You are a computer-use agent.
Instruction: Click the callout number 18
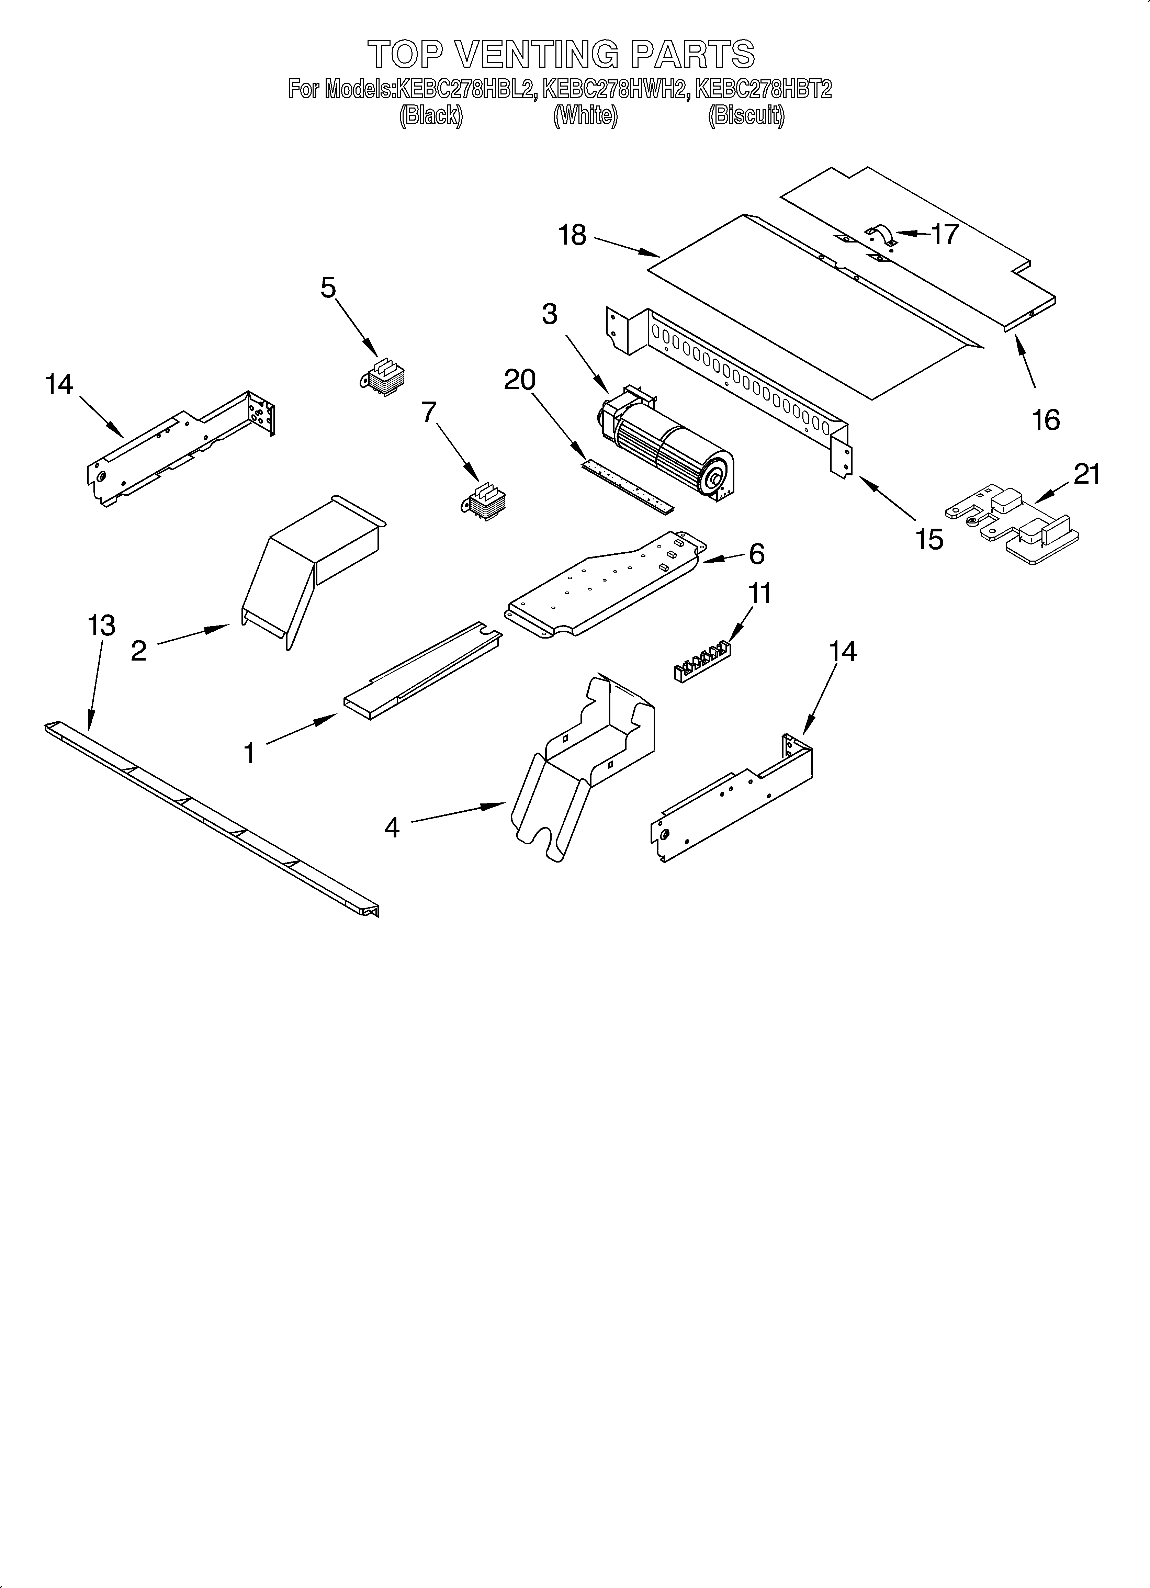572,235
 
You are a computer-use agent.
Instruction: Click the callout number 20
520,380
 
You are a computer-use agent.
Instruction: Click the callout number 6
756,554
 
